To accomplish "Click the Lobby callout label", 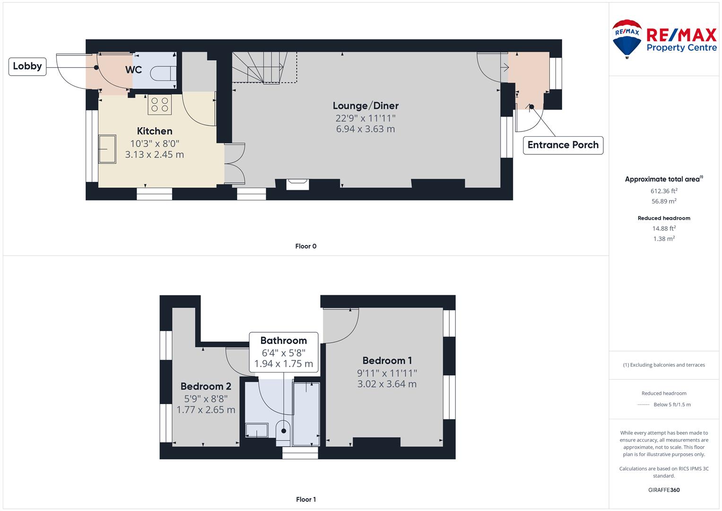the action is [27, 66].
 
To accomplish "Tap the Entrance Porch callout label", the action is [563, 145].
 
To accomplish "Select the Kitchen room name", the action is [155, 131].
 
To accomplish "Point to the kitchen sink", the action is [107, 150].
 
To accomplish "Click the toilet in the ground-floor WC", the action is [163, 73].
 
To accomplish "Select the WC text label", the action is [133, 70].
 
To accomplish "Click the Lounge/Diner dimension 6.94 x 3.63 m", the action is [365, 129].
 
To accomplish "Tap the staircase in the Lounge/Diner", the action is [264, 68].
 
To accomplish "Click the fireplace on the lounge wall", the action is [298, 185].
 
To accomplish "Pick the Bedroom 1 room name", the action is [387, 361].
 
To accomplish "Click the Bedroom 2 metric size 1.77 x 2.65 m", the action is [206, 410].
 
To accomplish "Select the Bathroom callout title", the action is [284, 340].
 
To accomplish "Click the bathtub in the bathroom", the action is [306, 414].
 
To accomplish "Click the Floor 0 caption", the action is [306, 246].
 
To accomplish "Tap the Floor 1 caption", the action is [306, 499].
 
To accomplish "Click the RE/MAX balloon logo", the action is [627, 39].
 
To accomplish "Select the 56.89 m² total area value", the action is [664, 201].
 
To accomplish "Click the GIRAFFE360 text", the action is [664, 490].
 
